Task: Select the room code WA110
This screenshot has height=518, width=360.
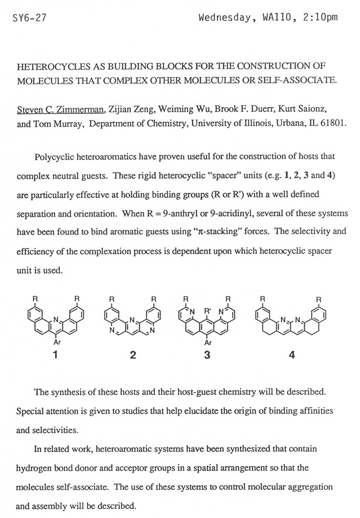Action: point(277,18)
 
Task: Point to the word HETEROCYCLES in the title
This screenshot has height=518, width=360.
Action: point(49,67)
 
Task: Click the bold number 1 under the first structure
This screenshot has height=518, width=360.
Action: point(58,355)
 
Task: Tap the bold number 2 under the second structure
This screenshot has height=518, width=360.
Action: point(133,356)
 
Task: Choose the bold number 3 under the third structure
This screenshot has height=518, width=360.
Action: point(207,355)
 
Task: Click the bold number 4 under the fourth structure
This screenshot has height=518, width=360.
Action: point(291,356)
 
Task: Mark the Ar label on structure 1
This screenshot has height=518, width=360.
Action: point(58,343)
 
